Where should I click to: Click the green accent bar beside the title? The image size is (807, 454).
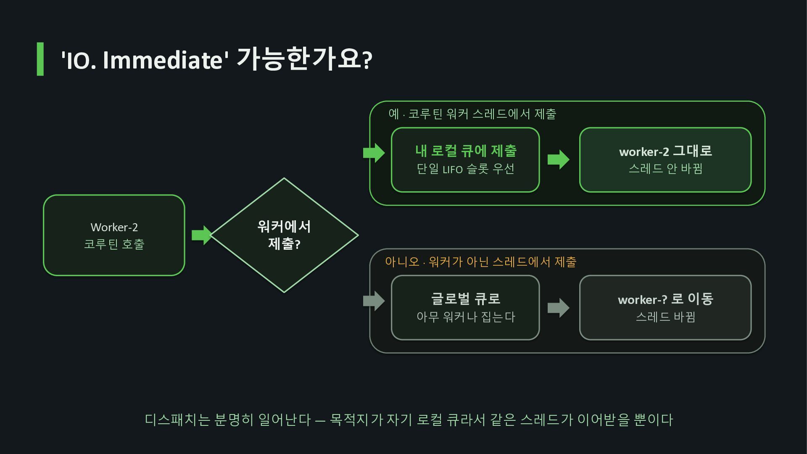pyautogui.click(x=40, y=59)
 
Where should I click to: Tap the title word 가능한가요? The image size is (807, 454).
pyautogui.click(x=304, y=59)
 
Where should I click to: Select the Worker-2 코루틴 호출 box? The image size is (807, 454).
pyautogui.click(x=114, y=235)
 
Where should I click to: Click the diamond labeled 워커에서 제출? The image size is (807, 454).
pyautogui.click(x=284, y=235)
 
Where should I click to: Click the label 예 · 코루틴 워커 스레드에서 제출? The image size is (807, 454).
pyautogui.click(x=472, y=114)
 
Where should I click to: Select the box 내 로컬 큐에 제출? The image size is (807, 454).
pyautogui.click(x=465, y=160)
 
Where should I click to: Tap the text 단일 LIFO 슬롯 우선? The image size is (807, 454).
pyautogui.click(x=465, y=169)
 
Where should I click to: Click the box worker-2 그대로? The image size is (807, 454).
pyautogui.click(x=665, y=160)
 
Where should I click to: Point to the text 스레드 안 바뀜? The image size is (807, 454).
pyautogui.click(x=665, y=169)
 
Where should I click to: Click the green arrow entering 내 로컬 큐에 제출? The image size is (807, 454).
pyautogui.click(x=374, y=153)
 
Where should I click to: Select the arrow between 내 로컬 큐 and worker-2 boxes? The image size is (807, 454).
pyautogui.click(x=559, y=160)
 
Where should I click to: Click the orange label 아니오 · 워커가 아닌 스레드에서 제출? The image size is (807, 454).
pyautogui.click(x=481, y=262)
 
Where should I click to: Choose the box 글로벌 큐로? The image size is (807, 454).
pyautogui.click(x=465, y=308)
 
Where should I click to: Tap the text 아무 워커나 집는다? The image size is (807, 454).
pyautogui.click(x=466, y=317)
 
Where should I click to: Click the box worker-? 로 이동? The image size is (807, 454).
pyautogui.click(x=665, y=308)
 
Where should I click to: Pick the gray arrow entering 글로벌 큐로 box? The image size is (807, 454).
pyautogui.click(x=374, y=301)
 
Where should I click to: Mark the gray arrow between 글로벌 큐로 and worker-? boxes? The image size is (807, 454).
pyautogui.click(x=559, y=308)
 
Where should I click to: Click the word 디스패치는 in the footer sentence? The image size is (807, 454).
pyautogui.click(x=177, y=420)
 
